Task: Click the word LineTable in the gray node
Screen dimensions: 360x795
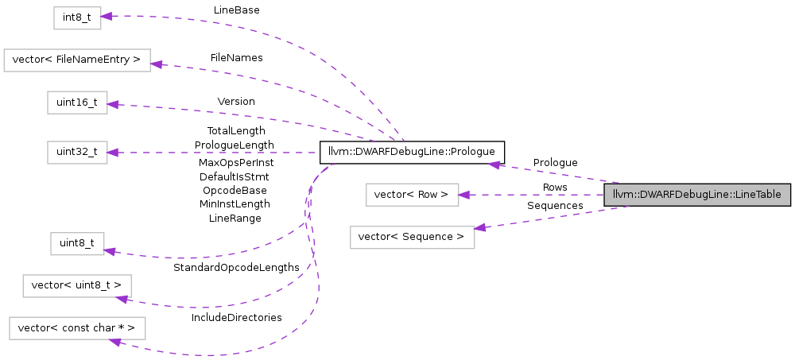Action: point(758,195)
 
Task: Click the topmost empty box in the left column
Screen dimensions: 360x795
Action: point(77,18)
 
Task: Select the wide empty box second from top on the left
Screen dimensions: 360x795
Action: point(77,60)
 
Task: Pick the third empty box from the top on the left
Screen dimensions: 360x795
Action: point(77,103)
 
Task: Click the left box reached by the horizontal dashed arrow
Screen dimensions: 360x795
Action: point(77,153)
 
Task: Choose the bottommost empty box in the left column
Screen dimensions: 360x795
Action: point(77,328)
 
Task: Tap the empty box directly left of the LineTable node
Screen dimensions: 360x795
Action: point(412,195)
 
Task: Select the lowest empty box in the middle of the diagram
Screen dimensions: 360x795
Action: point(412,238)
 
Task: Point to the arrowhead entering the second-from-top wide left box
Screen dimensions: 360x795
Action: point(156,64)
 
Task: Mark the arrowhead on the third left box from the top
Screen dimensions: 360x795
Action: point(113,104)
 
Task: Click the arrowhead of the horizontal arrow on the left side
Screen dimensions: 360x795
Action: point(113,153)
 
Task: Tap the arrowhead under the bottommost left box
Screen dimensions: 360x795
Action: point(115,342)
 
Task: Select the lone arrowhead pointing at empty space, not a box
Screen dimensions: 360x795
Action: point(494,165)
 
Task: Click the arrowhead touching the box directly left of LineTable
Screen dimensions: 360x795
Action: point(464,195)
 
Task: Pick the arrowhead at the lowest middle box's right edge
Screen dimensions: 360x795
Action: point(479,228)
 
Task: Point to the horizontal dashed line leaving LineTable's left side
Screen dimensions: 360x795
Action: point(541,195)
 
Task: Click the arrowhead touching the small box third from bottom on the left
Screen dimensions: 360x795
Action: point(110,251)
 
